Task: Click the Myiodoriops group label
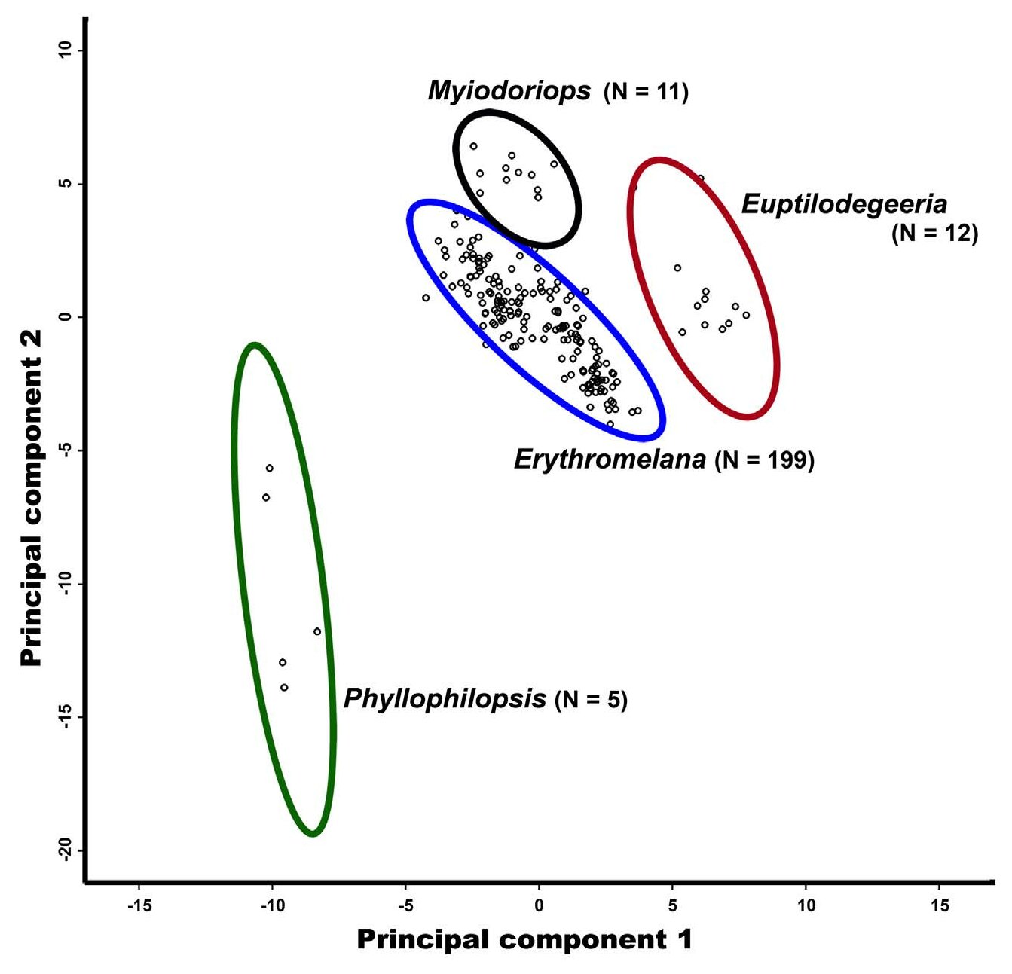[x=509, y=91]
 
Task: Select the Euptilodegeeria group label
[x=844, y=203]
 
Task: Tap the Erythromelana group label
[x=610, y=459]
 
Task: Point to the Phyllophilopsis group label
[x=445, y=698]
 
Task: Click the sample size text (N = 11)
[x=647, y=93]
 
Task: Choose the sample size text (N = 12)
[x=934, y=234]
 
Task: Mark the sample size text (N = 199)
[x=765, y=460]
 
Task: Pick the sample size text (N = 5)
[x=591, y=700]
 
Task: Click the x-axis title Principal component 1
[x=524, y=939]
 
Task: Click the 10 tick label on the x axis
[x=806, y=905]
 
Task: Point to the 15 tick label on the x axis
[x=940, y=905]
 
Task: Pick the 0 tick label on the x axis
[x=539, y=905]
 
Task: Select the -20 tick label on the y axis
[x=65, y=851]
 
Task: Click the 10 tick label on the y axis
[x=65, y=50]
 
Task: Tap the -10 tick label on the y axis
[x=65, y=584]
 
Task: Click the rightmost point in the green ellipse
[x=317, y=631]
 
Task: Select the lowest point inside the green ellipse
[x=284, y=687]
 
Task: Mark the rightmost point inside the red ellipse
[x=746, y=316]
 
